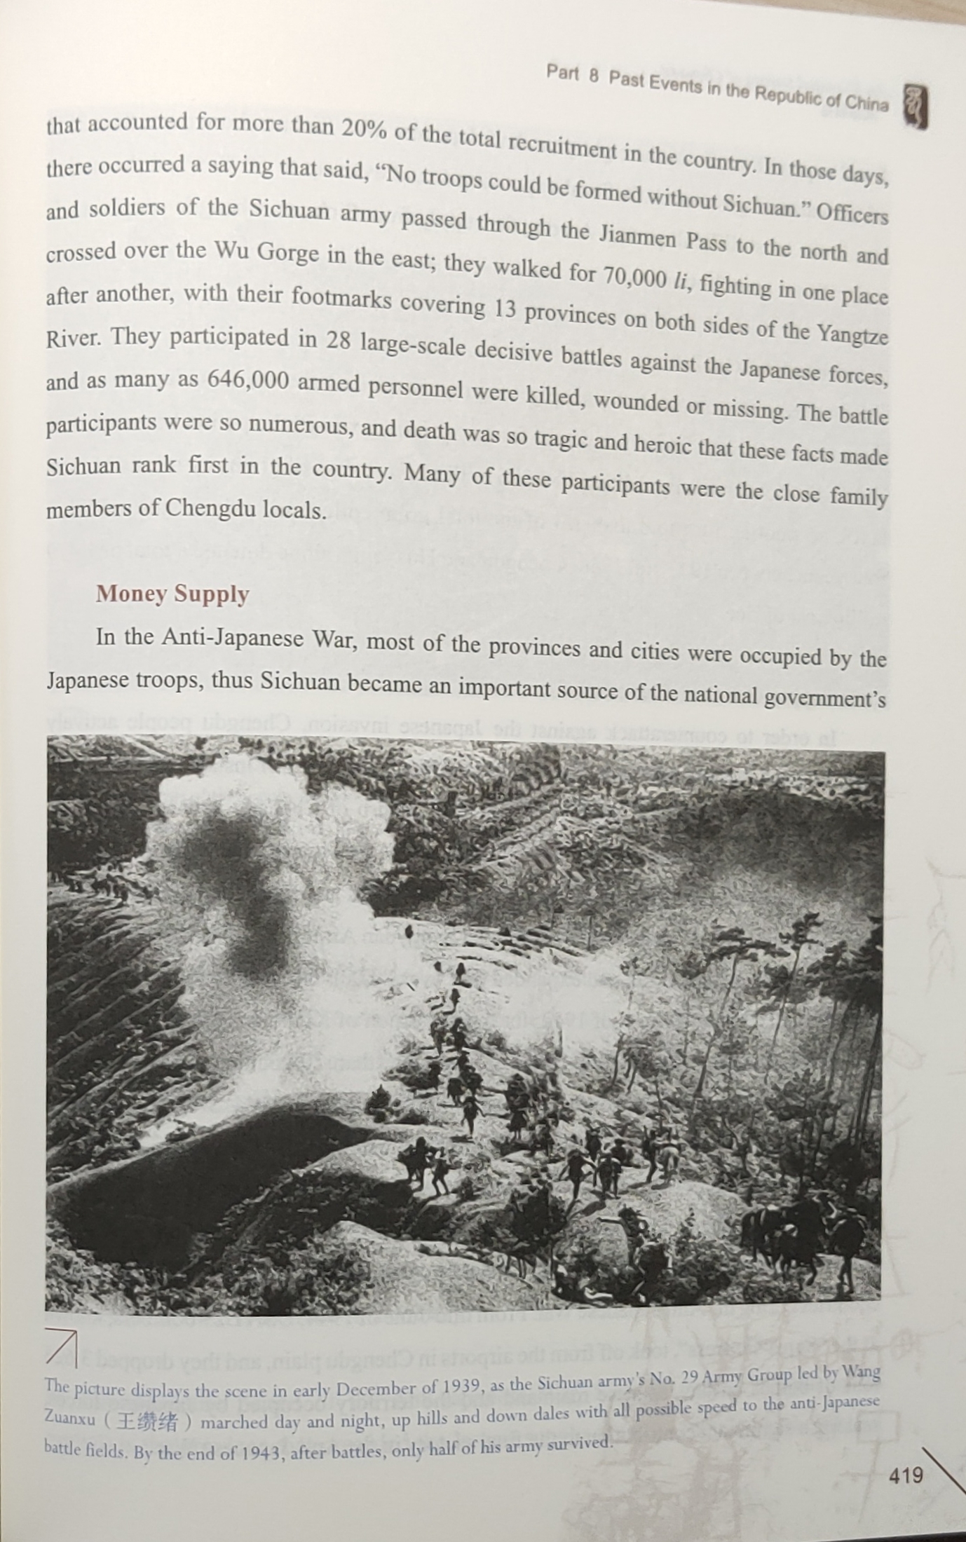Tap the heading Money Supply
point(172,594)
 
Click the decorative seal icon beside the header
point(916,106)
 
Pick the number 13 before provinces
point(501,309)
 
